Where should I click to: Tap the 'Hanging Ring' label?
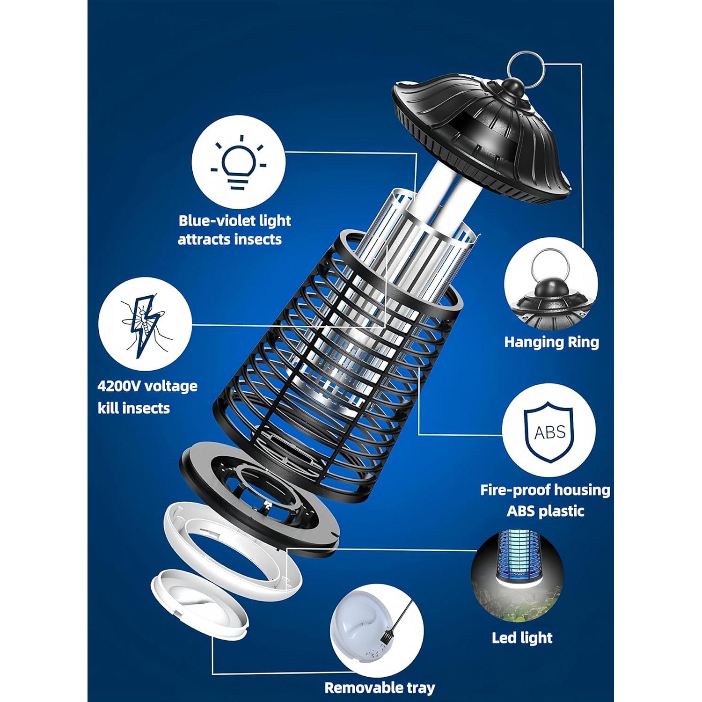[551, 342]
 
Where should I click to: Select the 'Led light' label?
[522, 637]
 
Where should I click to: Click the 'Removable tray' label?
[380, 687]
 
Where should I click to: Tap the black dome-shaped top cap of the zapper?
[482, 136]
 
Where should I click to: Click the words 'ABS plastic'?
[546, 510]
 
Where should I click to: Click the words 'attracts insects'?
[230, 239]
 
